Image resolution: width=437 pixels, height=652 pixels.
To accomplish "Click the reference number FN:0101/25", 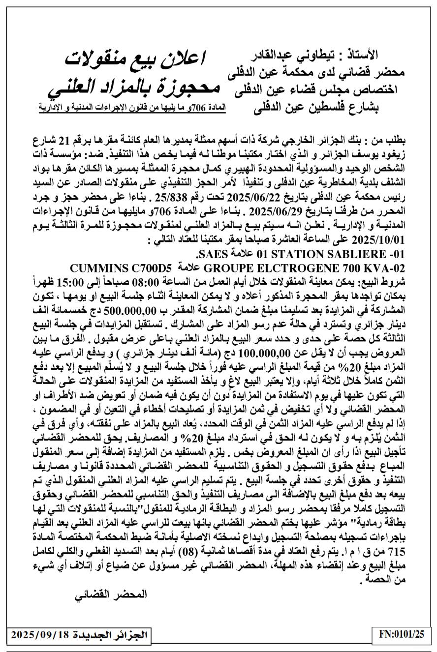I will (x=402, y=634).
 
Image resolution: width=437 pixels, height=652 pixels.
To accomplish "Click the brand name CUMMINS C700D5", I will (x=121, y=268).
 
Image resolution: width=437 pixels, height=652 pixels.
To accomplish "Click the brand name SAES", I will (x=211, y=255).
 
